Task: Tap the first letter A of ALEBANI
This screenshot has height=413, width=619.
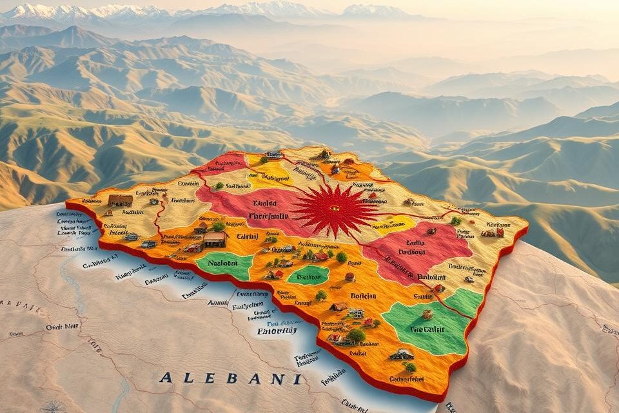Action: coord(165,378)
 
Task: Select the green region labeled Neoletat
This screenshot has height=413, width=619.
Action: coord(224,264)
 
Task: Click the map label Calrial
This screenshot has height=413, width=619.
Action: coord(248,236)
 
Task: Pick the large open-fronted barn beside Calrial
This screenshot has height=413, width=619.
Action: coord(215,240)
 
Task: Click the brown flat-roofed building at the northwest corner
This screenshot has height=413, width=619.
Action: coord(120,200)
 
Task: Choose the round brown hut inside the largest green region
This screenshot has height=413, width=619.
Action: coord(427,314)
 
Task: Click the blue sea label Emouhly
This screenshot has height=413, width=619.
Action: coord(278,331)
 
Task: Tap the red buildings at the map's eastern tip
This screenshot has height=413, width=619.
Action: coord(493,233)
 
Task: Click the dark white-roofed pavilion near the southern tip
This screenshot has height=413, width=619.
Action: coord(401,354)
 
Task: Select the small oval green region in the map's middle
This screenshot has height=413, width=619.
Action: coord(308,275)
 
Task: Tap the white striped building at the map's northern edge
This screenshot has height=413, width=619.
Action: coord(273,155)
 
